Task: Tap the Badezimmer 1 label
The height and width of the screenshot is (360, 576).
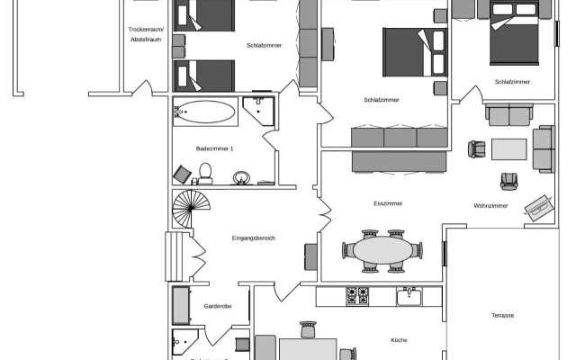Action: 215,148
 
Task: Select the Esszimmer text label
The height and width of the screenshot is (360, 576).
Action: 387,203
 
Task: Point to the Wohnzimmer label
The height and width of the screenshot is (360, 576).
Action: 490,206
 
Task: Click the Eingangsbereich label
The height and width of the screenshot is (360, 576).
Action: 253,238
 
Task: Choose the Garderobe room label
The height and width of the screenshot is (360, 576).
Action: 219,306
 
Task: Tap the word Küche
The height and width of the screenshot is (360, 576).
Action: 399,339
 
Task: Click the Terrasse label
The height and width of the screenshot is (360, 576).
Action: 503,315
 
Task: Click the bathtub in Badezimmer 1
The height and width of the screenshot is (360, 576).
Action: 205,113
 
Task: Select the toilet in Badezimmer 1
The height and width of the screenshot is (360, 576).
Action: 206,171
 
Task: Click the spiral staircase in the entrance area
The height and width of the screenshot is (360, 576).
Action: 189,209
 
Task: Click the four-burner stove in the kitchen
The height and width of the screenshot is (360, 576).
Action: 357,296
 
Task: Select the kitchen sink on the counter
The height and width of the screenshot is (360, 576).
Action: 409,295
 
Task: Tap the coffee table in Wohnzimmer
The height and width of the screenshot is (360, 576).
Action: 508,148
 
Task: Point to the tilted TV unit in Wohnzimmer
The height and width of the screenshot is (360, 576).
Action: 539,206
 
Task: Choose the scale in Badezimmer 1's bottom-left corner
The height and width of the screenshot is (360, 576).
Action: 183,174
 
